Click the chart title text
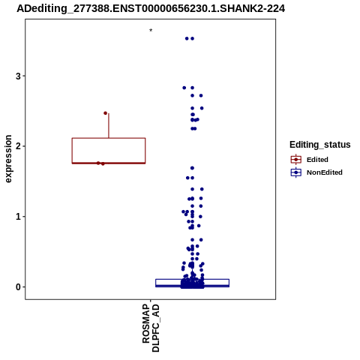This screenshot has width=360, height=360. [151, 8]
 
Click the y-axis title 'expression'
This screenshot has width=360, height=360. [8, 159]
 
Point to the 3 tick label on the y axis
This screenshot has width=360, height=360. [18, 76]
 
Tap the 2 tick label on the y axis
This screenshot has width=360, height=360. [18, 146]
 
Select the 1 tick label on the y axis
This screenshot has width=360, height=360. [18, 217]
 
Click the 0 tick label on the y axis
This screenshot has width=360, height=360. [18, 287]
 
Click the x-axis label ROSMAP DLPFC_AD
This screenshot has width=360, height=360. [151, 328]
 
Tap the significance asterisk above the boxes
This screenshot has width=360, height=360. [151, 31]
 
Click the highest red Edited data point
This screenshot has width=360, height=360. [106, 113]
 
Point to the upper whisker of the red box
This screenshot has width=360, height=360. [109, 125]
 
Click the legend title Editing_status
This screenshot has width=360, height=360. [320, 145]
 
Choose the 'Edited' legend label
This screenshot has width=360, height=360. [317, 160]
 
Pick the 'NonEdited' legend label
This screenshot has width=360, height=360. [325, 172]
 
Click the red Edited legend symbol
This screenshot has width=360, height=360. [296, 160]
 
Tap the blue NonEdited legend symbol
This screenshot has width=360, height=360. [296, 172]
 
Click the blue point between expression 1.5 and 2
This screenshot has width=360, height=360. [192, 168]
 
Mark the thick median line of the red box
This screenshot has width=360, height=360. [109, 163]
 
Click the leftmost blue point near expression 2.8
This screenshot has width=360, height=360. [184, 88]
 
